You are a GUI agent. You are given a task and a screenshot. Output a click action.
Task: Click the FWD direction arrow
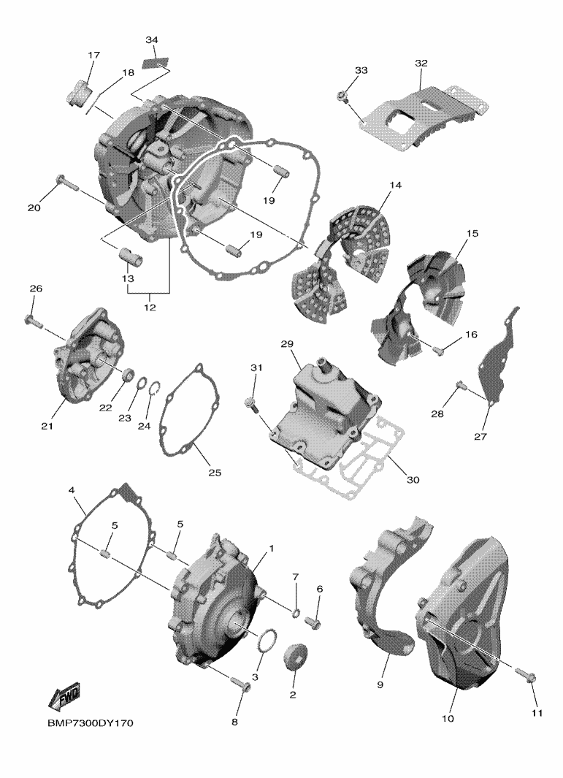click(x=64, y=697)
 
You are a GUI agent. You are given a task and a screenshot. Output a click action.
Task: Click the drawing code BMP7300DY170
click(x=91, y=723)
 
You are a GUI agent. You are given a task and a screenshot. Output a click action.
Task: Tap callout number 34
click(x=153, y=39)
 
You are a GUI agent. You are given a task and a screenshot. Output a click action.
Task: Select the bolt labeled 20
click(x=67, y=183)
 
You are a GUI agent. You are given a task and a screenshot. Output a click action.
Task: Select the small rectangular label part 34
click(x=156, y=63)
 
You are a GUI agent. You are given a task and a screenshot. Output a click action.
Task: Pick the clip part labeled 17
click(x=78, y=93)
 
